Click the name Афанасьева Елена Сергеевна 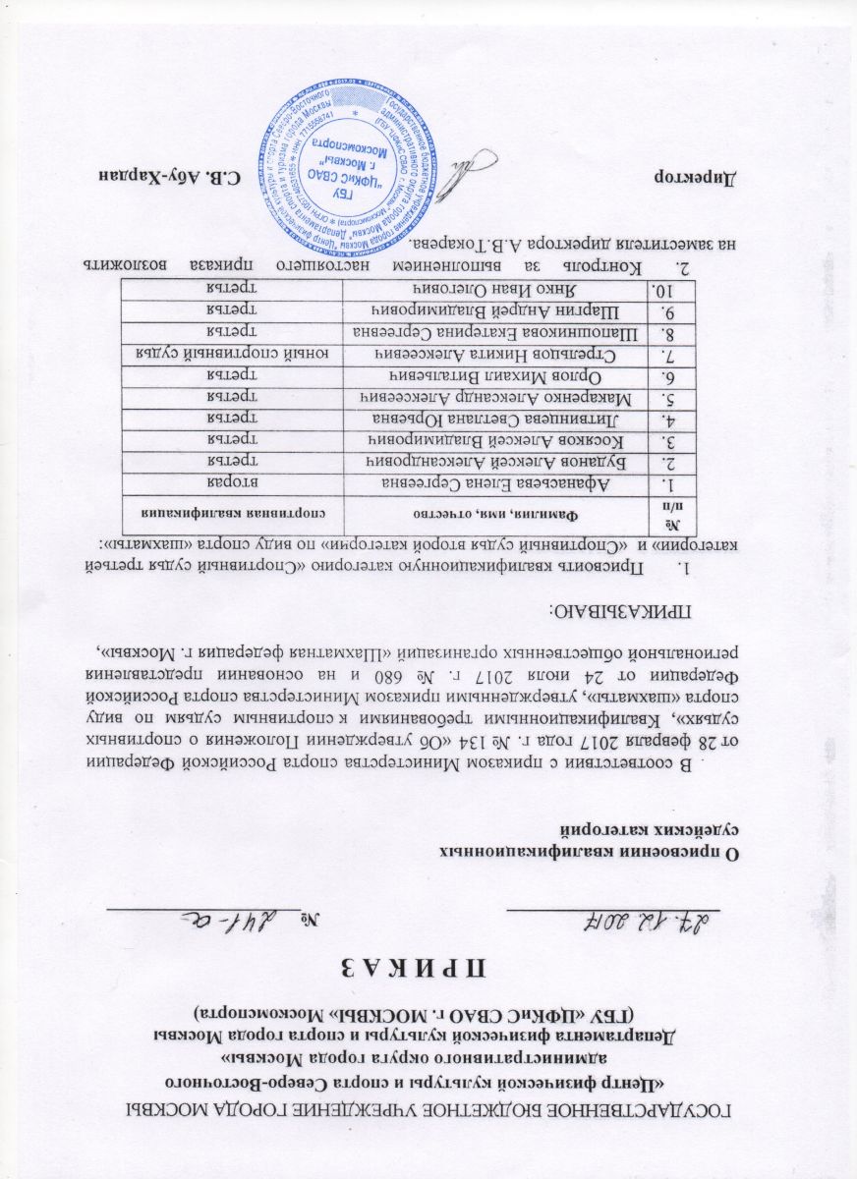point(494,483)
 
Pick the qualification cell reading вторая point(238,483)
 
